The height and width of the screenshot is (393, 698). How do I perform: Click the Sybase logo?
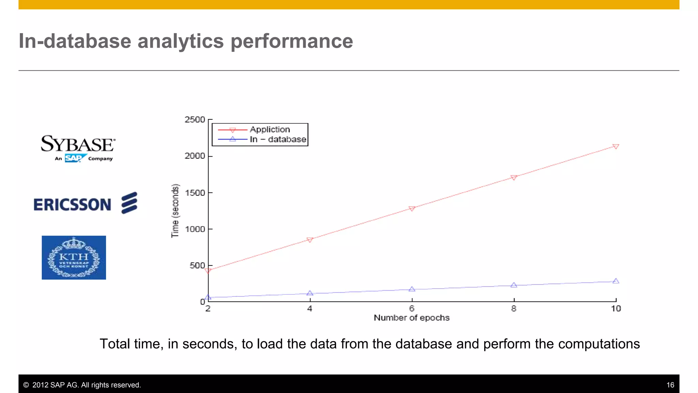(78, 148)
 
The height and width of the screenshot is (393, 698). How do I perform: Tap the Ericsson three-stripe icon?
(129, 203)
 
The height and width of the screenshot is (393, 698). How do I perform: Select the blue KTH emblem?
(74, 258)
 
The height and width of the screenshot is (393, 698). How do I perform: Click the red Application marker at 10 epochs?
(616, 146)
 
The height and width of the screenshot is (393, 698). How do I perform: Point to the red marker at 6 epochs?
(412, 208)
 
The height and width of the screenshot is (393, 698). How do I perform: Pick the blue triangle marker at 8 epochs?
(514, 285)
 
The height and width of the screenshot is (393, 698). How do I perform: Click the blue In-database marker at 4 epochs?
(310, 293)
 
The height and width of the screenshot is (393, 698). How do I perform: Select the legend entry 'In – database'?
(278, 139)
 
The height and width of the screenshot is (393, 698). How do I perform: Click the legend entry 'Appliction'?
(270, 129)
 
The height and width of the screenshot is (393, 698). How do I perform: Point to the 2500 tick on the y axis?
(195, 120)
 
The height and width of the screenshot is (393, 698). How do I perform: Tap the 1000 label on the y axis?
(195, 229)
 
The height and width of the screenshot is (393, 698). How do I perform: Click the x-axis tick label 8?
(514, 309)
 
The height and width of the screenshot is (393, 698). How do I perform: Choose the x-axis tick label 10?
(616, 309)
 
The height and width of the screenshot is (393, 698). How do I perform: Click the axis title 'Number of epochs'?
(411, 318)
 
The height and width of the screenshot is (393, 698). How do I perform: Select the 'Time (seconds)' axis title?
(175, 210)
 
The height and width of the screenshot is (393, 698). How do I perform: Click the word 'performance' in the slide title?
(292, 41)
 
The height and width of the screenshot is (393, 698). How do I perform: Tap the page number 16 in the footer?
(670, 385)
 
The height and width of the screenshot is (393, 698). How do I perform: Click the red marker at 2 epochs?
(208, 271)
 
